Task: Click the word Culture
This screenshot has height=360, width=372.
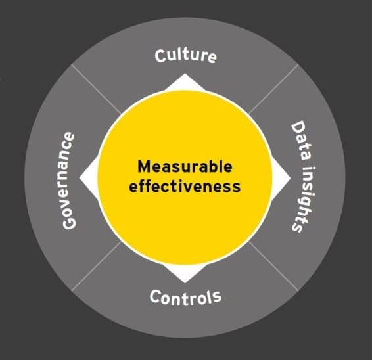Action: (185, 55)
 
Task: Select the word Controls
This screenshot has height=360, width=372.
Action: (185, 298)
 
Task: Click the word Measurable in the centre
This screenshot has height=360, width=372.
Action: (185, 166)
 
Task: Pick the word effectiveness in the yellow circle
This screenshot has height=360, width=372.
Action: (185, 186)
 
